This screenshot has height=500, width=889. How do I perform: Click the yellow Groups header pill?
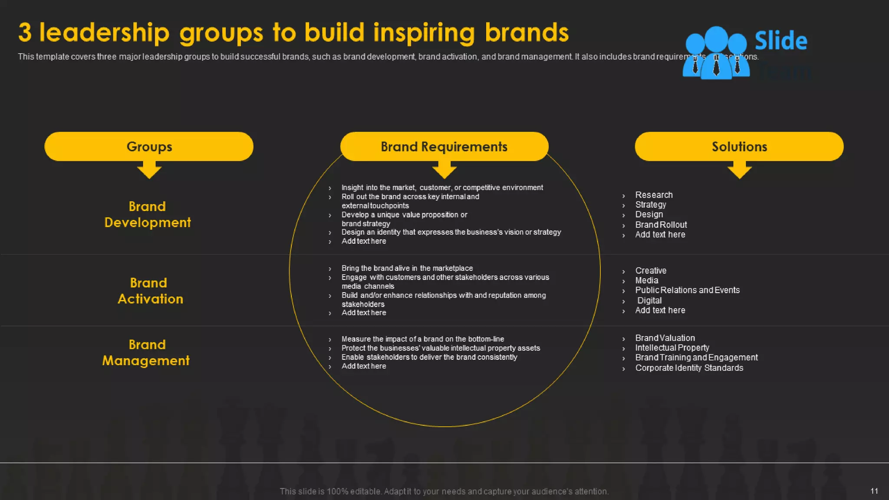point(149,147)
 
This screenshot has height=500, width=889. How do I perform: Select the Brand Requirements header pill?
point(444,147)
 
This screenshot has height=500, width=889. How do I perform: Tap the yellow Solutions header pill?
point(739,147)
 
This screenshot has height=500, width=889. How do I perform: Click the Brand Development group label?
point(148,214)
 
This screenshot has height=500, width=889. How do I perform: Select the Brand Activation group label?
point(150,291)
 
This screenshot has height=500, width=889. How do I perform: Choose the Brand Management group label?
point(146,352)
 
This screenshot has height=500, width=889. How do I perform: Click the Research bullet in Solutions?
point(654,195)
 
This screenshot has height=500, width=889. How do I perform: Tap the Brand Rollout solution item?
point(661,225)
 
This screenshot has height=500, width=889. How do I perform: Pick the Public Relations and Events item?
point(687,290)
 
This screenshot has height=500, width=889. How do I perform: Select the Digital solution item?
point(649,300)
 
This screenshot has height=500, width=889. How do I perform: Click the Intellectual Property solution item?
point(672,348)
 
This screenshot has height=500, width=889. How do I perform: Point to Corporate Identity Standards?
point(689,368)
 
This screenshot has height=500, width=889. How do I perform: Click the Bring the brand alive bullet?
point(407,268)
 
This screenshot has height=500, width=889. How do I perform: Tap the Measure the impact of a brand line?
point(422,339)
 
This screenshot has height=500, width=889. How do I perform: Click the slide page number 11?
point(874,491)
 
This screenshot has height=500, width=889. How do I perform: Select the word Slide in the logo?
point(781,41)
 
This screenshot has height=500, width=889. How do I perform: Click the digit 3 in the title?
point(25,33)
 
